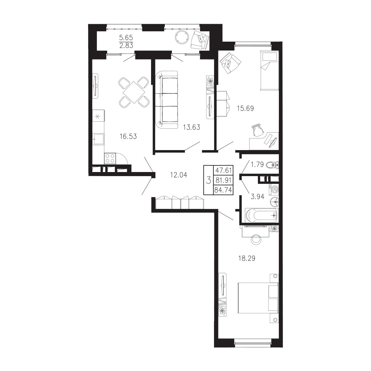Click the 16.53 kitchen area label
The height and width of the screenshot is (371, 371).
point(128,136)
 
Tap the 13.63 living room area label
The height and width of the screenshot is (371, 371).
point(192,127)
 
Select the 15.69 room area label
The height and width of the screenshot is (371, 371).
point(245,108)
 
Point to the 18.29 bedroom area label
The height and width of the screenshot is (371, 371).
point(247,258)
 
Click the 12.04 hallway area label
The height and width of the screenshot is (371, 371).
point(179,175)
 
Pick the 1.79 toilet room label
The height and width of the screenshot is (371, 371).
point(257,164)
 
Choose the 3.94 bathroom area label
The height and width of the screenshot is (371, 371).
point(257,196)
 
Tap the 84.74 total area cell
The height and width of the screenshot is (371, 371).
point(223,190)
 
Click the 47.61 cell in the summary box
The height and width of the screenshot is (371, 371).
point(223,170)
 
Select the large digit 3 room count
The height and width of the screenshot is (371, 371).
point(208,180)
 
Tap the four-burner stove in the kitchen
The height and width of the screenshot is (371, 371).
point(110,158)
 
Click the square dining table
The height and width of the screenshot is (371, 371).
point(134,92)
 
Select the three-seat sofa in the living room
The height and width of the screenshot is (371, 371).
point(167,100)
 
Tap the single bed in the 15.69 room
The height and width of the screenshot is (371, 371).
point(269,70)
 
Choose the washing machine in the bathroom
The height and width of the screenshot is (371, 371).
point(274,189)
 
